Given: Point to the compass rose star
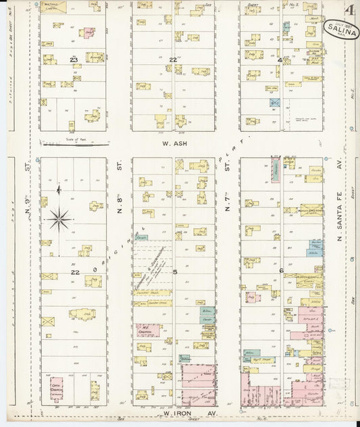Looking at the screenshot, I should click(x=61, y=218).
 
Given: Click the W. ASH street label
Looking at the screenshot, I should click(x=174, y=143).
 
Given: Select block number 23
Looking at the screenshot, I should click(x=74, y=59).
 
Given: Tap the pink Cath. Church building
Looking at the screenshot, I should click(x=57, y=386).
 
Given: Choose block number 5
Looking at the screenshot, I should click(x=175, y=272).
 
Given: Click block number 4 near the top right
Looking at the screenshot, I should click(x=280, y=60).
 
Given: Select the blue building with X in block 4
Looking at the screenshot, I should click(x=275, y=103).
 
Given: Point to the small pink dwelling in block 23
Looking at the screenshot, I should click(x=88, y=32).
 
